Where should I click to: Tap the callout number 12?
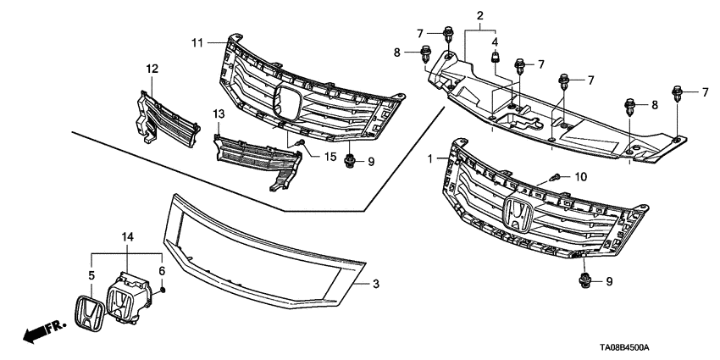pos(151,69)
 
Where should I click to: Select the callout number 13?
pos(218,114)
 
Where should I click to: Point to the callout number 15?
pos(330,155)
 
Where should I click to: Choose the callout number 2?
pos(479,16)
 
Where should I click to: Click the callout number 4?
pos(496,42)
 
